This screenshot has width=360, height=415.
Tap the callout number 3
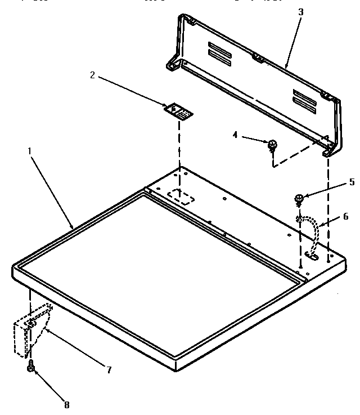click(x=301, y=11)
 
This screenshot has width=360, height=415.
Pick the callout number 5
click(x=352, y=181)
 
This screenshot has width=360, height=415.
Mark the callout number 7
click(x=109, y=370)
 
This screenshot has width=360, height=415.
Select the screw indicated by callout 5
click(x=299, y=198)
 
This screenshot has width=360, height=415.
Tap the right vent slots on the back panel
click(x=304, y=98)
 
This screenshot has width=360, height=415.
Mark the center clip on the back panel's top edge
click(x=258, y=57)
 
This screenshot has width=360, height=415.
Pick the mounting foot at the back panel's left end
click(x=172, y=63)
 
